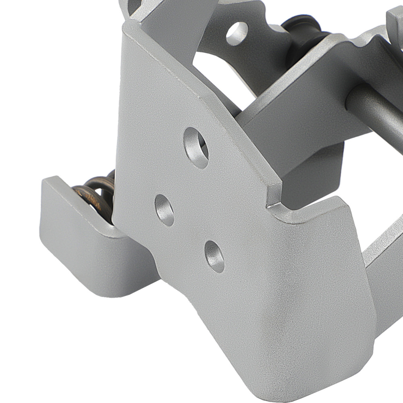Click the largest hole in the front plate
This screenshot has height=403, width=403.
pos(196,147)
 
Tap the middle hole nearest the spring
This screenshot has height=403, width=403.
pos(164,210)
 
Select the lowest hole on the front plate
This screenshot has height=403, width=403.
pos(214,257)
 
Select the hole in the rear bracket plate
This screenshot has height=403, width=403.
pos(237,33)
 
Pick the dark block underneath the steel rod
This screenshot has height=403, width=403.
pos(314,169)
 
